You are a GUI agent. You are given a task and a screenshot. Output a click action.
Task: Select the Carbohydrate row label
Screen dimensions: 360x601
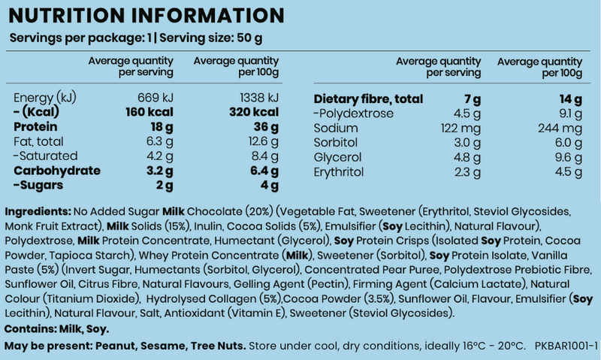pyautogui.click(x=57, y=171)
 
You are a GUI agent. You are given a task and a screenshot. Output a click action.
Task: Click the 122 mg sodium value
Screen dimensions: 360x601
pyautogui.click(x=459, y=128)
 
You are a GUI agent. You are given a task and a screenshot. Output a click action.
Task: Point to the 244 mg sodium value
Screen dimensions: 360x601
pyautogui.click(x=563, y=128)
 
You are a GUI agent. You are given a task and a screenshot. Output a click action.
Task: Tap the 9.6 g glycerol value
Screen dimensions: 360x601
pyautogui.click(x=567, y=157)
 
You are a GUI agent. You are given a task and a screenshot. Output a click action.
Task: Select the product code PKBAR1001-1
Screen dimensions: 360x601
pyautogui.click(x=566, y=346)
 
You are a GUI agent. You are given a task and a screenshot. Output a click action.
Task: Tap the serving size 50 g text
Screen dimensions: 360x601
pyautogui.click(x=250, y=38)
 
